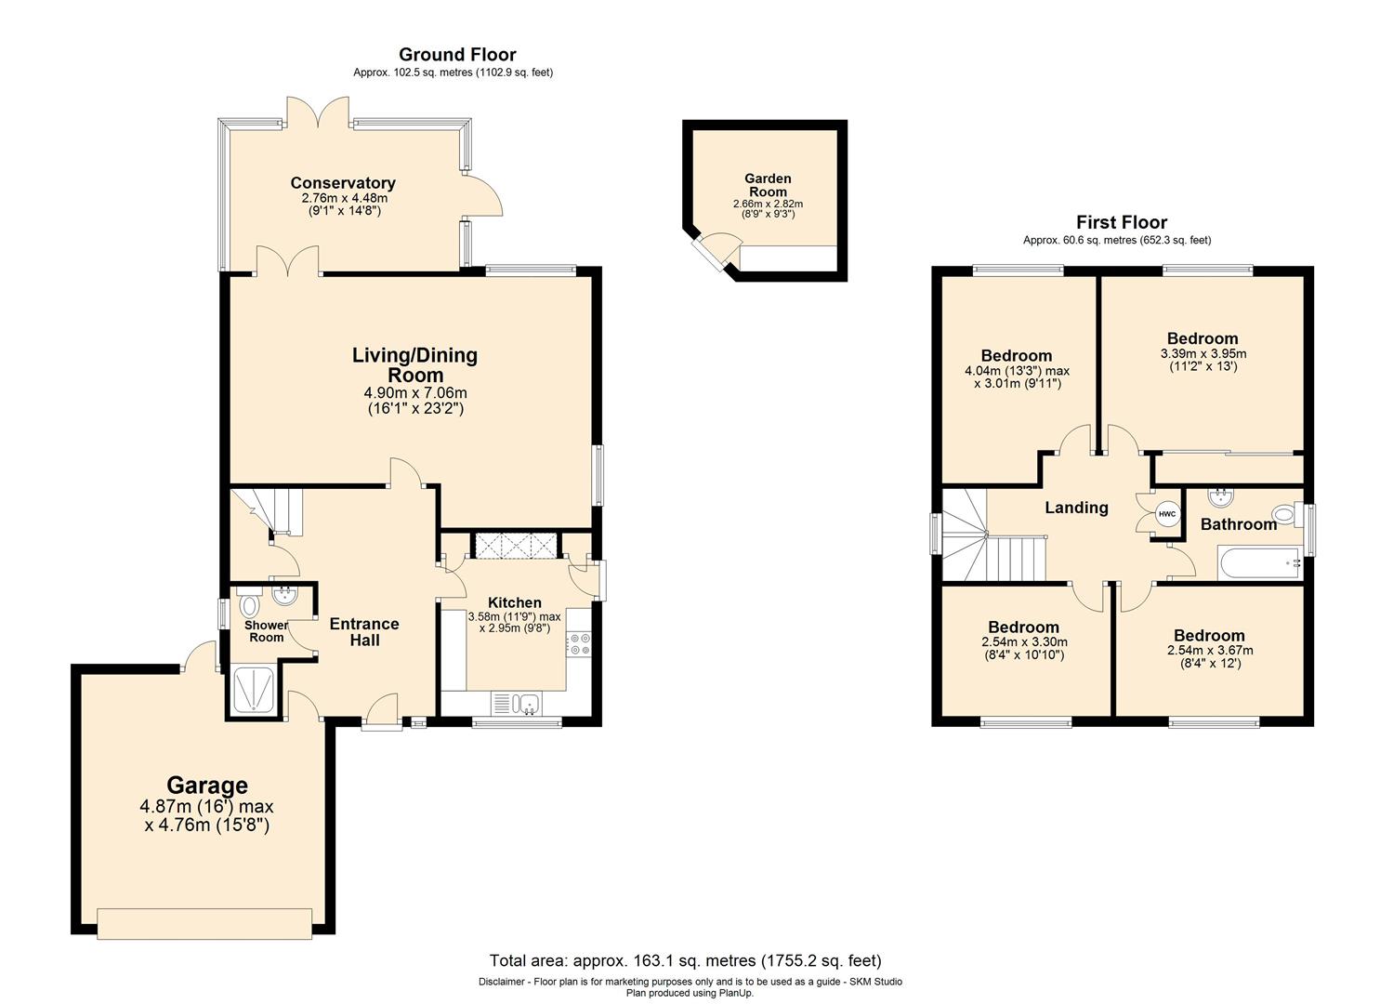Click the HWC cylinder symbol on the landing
[1167, 514]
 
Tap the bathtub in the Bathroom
[1260, 561]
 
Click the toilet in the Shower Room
[248, 604]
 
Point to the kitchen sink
[525, 703]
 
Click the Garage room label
[207, 786]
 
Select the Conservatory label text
[343, 183]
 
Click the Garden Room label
[768, 185]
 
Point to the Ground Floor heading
[457, 54]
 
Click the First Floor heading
[1122, 222]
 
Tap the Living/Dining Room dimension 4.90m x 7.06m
[415, 392]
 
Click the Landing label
[1076, 508]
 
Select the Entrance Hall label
[364, 632]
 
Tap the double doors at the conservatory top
[318, 112]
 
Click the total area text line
[685, 960]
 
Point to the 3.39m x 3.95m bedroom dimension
[1203, 354]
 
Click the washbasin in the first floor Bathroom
[1220, 496]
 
